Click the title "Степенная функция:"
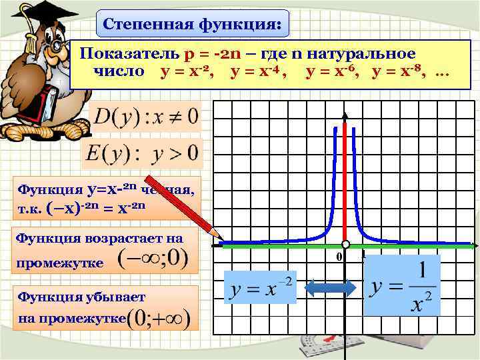[193, 26]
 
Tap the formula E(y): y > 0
[141, 153]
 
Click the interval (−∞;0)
[152, 259]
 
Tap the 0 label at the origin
[339, 257]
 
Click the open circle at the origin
[345, 244]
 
